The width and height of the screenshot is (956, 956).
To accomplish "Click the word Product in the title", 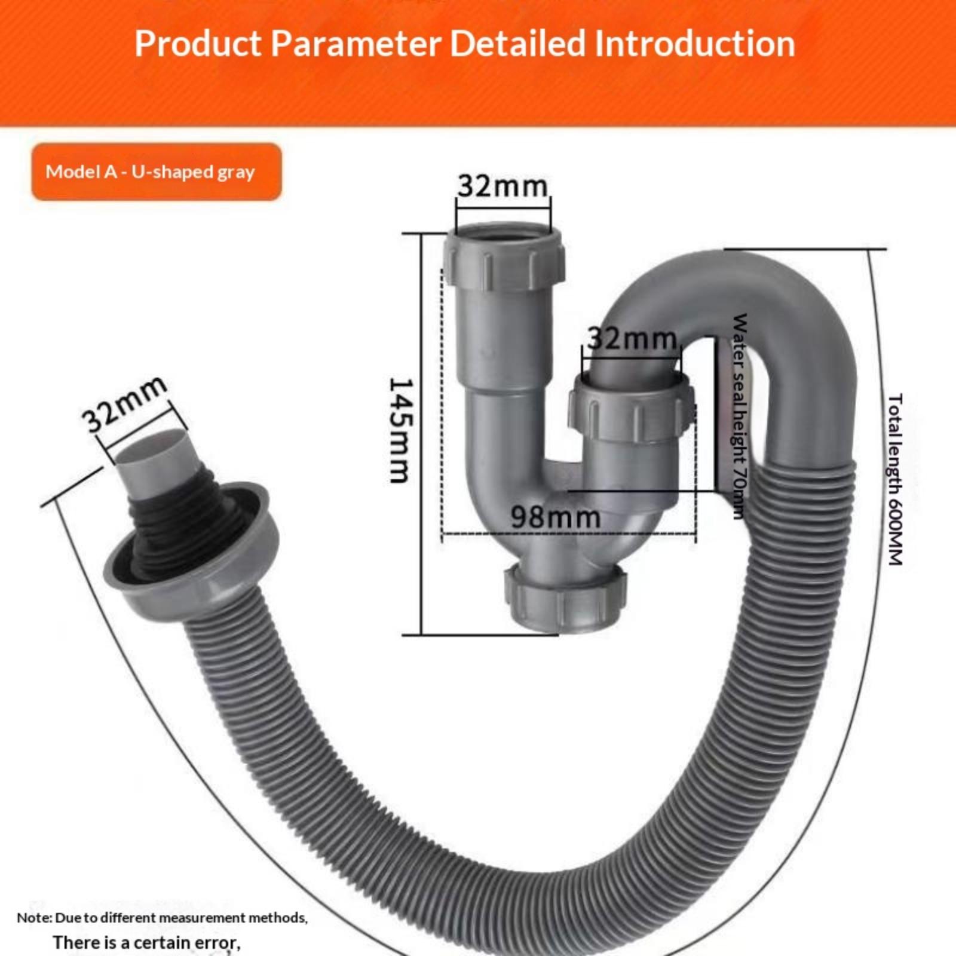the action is (x=198, y=44).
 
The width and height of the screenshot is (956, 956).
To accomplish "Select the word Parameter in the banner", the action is (x=356, y=44).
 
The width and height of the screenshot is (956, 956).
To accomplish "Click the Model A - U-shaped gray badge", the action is (x=157, y=172).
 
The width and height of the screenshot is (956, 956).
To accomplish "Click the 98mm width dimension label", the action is (x=556, y=517).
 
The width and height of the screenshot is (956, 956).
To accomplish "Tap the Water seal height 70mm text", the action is (x=740, y=416).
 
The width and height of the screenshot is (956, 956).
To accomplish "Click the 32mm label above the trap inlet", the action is (x=502, y=186).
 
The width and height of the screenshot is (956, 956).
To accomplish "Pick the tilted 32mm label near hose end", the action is (x=124, y=404).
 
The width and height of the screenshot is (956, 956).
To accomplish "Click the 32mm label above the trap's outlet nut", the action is (x=632, y=339).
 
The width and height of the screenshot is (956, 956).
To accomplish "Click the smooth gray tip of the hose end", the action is (x=148, y=459).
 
